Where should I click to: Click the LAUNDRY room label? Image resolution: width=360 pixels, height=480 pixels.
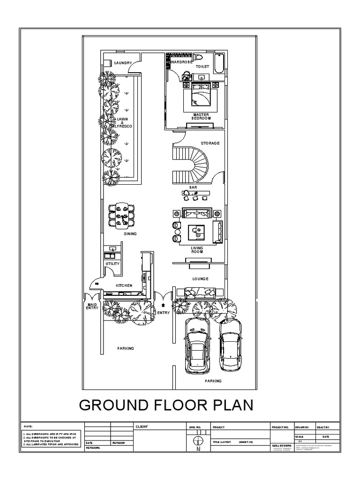[123, 62]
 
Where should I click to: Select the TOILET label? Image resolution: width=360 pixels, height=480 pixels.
[202, 67]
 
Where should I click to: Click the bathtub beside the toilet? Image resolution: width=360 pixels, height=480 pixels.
[219, 63]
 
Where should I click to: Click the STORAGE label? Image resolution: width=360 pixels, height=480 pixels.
[210, 143]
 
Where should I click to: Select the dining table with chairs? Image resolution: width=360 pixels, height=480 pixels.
[121, 214]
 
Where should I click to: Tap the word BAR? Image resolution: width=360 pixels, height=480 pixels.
[193, 187]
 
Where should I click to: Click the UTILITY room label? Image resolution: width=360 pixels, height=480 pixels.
[112, 264]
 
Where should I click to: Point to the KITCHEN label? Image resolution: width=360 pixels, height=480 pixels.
[124, 285]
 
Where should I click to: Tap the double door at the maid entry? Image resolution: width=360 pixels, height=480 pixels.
[92, 297]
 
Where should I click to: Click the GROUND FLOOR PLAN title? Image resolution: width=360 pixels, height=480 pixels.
[166, 405]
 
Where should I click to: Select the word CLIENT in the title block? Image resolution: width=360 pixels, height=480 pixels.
[142, 427]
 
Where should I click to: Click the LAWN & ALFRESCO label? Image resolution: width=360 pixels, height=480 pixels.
[122, 123]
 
